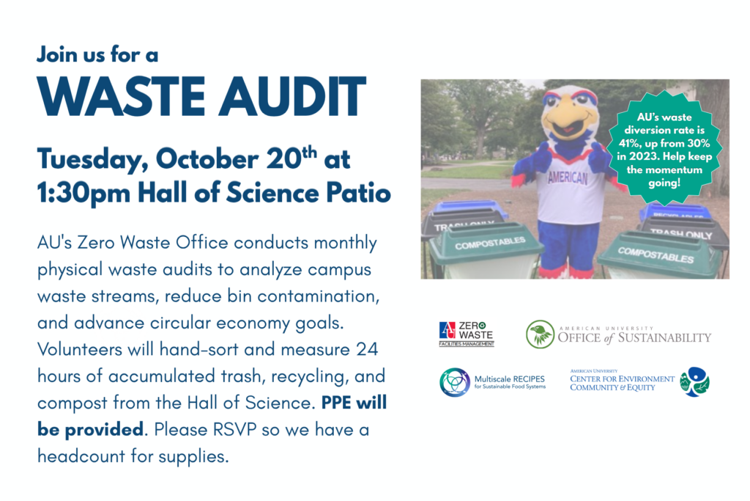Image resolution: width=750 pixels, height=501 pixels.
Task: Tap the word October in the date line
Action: coord(207,159)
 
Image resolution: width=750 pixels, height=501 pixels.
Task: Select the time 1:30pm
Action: coord(83,193)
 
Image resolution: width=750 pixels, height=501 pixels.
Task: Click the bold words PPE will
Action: coord(354,402)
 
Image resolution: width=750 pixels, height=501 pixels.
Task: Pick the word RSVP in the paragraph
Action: coord(235,429)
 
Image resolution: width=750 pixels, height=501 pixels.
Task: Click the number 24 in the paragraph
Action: coord(367,349)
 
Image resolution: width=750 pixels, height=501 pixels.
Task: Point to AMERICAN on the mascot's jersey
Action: coord(568,178)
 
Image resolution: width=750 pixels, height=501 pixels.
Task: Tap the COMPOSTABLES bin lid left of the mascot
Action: coord(486,242)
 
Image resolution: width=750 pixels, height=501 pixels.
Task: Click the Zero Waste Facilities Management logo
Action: coord(467,334)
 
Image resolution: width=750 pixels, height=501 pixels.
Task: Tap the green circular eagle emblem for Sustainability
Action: coord(540,334)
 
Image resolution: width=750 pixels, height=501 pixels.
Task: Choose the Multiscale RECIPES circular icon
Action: coord(454,382)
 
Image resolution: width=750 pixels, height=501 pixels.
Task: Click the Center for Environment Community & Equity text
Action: coord(621,383)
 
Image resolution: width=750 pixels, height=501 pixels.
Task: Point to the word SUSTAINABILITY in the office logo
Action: coord(664,337)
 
